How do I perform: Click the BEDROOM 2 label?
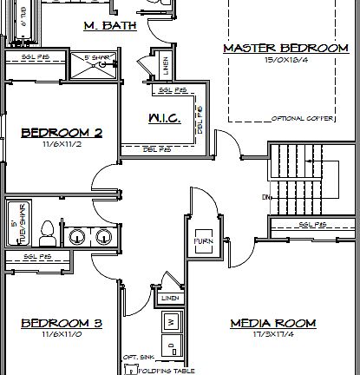click(x=62, y=133)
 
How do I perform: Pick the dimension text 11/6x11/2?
click(x=62, y=144)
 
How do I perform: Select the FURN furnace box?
click(x=204, y=240)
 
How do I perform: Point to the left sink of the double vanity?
click(x=76, y=236)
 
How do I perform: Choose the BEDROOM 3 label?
click(x=62, y=324)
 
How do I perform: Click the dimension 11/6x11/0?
click(x=62, y=335)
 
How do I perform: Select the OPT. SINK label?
click(x=138, y=358)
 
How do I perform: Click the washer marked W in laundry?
click(x=172, y=322)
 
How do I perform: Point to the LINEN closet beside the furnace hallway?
click(x=169, y=298)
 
